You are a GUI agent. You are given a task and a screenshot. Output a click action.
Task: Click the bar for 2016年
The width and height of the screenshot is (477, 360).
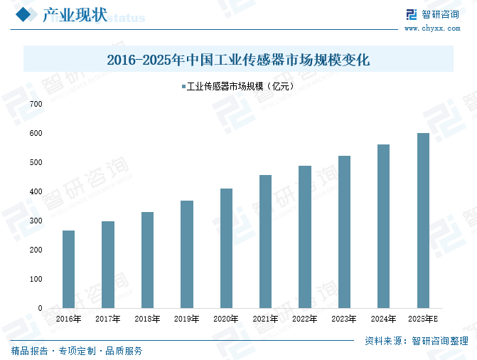(x=68, y=269)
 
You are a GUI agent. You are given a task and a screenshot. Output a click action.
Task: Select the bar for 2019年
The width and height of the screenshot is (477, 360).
(x=187, y=254)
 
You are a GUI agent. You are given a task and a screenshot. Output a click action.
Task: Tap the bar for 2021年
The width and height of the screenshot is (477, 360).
(x=266, y=241)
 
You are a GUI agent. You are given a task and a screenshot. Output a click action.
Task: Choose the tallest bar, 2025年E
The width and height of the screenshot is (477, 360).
(x=423, y=221)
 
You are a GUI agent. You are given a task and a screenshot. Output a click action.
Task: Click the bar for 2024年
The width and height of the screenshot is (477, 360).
(x=383, y=226)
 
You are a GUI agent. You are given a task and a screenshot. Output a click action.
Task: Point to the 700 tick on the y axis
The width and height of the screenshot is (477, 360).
(x=36, y=104)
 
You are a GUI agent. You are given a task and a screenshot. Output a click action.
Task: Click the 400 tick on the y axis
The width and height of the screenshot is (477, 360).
(x=36, y=191)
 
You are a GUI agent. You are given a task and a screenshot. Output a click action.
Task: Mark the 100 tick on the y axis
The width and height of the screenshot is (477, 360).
(x=36, y=279)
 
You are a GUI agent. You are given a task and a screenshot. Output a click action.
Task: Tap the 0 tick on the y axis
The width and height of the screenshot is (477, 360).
(x=40, y=308)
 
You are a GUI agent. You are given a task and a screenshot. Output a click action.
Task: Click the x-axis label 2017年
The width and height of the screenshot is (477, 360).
(x=107, y=319)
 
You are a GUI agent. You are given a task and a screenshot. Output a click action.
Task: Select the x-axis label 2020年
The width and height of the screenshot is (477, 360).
(x=226, y=319)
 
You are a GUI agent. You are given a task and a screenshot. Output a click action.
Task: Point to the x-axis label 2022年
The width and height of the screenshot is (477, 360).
(x=305, y=319)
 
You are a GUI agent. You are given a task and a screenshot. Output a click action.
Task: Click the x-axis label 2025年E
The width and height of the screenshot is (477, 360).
(x=424, y=319)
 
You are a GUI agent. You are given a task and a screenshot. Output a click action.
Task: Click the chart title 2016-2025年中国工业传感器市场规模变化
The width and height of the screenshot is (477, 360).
(x=238, y=60)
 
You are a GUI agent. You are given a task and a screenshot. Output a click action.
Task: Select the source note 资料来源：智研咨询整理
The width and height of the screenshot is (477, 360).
(x=416, y=341)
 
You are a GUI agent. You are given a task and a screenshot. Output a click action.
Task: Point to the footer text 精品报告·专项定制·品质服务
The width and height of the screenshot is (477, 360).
(x=77, y=351)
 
